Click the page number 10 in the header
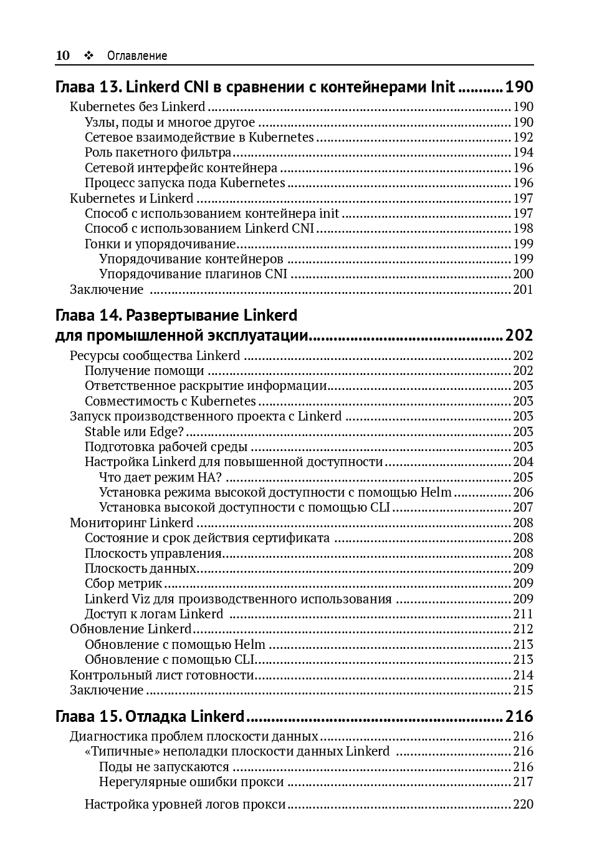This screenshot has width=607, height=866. click(x=62, y=56)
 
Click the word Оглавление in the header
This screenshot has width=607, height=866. click(x=137, y=56)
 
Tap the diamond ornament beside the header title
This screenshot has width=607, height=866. click(x=88, y=56)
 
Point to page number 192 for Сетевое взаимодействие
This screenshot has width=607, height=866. click(x=523, y=137)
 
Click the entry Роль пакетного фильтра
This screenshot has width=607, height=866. click(x=158, y=152)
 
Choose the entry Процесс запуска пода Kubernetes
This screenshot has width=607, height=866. click(x=184, y=183)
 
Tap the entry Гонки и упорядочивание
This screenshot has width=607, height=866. click(x=160, y=244)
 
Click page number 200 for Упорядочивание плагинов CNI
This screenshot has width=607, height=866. click(x=523, y=274)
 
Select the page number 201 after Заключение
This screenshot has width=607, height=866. click(x=523, y=289)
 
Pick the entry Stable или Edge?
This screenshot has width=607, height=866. click(x=135, y=432)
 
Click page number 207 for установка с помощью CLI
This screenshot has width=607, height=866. click(x=523, y=507)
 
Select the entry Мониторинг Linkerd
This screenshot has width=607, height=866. click(x=131, y=523)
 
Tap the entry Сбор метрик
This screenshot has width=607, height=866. click(x=123, y=583)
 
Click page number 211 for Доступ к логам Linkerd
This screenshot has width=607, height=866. click(x=523, y=614)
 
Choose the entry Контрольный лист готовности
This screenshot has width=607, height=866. click(x=162, y=674)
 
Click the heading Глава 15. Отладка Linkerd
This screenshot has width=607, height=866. click(x=150, y=716)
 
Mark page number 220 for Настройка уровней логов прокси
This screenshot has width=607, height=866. click(x=523, y=804)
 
